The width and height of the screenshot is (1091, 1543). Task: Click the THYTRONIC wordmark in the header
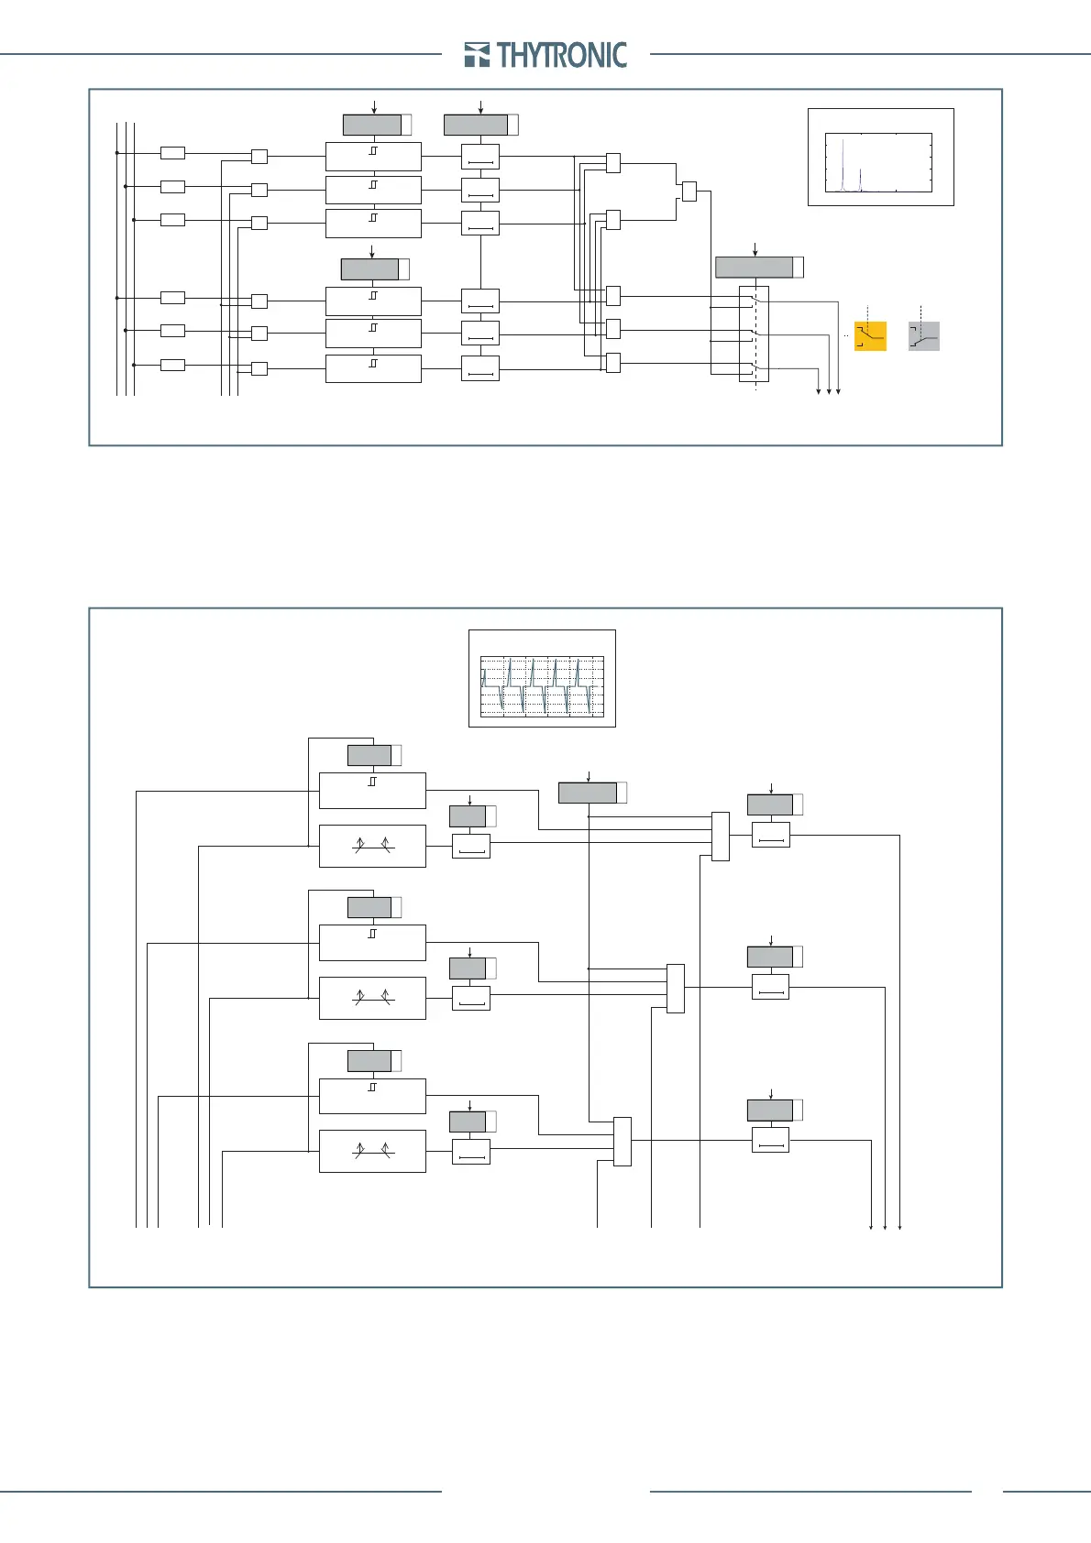pyautogui.click(x=562, y=55)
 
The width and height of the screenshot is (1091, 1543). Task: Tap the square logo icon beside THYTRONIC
pyautogui.click(x=477, y=55)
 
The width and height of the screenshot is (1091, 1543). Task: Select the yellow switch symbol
pyautogui.click(x=870, y=336)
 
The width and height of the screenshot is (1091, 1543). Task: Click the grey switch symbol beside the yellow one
pyautogui.click(x=924, y=336)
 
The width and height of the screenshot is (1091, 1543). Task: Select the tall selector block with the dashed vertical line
pyautogui.click(x=754, y=334)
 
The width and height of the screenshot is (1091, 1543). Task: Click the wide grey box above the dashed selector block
pyautogui.click(x=754, y=268)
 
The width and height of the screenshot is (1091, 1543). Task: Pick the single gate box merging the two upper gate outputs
pyautogui.click(x=689, y=192)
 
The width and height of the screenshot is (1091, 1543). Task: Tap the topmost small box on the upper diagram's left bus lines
pyautogui.click(x=172, y=153)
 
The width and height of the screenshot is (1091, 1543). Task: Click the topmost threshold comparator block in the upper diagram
pyautogui.click(x=373, y=156)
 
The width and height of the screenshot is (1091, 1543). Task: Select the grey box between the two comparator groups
pyautogui.click(x=369, y=269)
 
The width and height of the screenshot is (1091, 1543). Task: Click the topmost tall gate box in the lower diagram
pyautogui.click(x=721, y=837)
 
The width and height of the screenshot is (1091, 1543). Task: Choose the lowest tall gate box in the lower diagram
pyautogui.click(x=623, y=1141)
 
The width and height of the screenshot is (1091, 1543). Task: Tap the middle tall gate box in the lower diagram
pyautogui.click(x=676, y=989)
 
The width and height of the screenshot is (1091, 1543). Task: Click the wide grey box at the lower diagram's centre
pyautogui.click(x=588, y=793)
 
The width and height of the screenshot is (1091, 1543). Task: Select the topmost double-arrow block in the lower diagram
pyautogui.click(x=372, y=846)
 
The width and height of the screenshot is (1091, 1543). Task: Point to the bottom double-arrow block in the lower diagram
pyautogui.click(x=372, y=1151)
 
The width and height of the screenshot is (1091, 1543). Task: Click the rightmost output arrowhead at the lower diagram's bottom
pyautogui.click(x=900, y=1227)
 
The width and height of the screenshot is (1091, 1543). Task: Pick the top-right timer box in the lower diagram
pyautogui.click(x=771, y=835)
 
